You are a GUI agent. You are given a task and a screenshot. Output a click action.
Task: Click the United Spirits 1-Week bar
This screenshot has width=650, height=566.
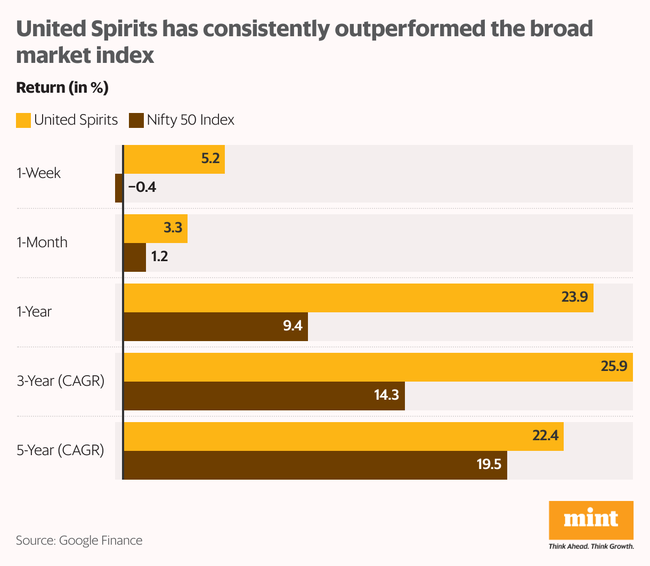pos(174,159)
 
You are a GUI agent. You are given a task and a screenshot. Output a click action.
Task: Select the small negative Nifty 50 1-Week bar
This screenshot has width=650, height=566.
pos(119,188)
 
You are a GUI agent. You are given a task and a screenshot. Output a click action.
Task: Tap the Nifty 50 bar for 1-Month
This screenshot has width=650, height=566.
pos(135,257)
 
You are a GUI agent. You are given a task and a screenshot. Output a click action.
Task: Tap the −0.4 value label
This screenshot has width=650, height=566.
pos(142,188)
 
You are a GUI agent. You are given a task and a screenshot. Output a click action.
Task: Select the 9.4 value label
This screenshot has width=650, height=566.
pos(293,326)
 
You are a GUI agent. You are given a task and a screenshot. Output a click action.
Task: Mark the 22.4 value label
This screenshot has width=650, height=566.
pos(546,436)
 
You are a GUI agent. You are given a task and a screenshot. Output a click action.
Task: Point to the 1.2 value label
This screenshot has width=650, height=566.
pos(159,257)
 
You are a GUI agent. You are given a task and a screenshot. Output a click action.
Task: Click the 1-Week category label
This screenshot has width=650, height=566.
pos(38,173)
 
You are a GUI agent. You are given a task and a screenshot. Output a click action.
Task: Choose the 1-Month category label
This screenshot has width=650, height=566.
pos(42,242)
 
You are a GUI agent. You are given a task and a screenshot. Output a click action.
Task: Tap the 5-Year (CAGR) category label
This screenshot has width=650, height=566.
pos(60,450)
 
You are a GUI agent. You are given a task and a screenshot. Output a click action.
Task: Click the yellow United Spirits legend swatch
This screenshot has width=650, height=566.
pos(23,120)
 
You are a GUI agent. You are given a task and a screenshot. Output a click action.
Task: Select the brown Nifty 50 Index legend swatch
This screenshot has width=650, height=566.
pos(136,120)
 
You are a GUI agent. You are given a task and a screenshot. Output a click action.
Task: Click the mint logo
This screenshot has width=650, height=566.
pos(591,520)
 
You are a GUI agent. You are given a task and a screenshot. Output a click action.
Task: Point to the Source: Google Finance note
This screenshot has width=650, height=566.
pos(79,540)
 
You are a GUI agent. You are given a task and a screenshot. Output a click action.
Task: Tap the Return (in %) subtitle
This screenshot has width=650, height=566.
pos(62,87)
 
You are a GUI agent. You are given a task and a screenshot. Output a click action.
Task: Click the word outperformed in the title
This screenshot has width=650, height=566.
pos(410,29)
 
